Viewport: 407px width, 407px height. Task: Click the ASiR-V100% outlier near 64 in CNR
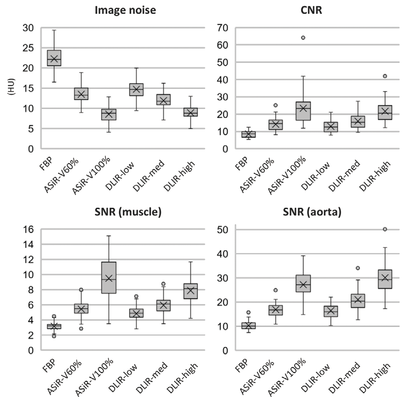[303, 38]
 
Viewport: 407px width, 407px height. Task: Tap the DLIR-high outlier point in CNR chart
[385, 76]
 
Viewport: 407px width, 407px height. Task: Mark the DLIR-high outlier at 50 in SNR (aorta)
[385, 230]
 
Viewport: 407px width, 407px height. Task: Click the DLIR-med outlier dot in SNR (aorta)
[358, 268]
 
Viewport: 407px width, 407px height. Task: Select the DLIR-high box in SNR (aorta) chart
[385, 279]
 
